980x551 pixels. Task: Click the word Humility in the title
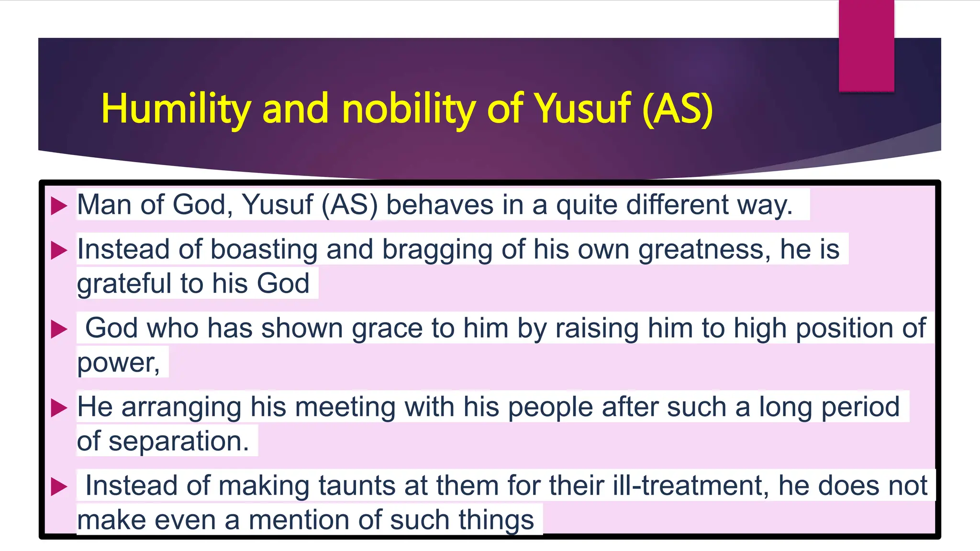(x=176, y=109)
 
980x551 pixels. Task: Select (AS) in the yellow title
(x=678, y=109)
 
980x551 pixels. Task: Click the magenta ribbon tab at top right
(x=866, y=45)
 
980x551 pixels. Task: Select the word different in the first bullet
(x=677, y=205)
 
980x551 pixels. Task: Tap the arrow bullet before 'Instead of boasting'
(x=59, y=250)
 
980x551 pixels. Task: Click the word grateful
(x=124, y=284)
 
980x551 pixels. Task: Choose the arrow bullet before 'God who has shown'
(x=59, y=329)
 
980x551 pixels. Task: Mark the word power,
(x=119, y=363)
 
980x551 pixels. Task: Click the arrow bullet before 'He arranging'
(x=59, y=408)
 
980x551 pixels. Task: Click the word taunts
(x=356, y=485)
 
